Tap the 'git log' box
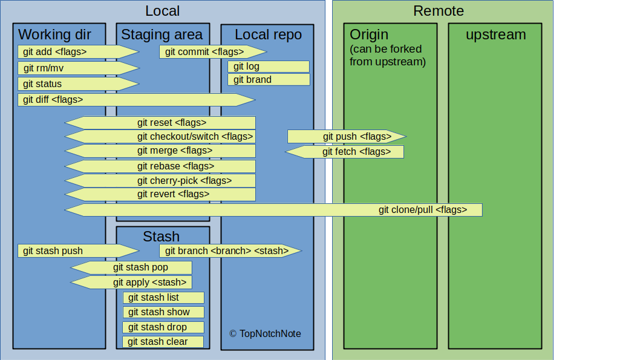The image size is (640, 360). pos(268,67)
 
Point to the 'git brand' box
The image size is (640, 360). pos(268,80)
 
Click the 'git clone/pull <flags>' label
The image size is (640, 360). pos(423,210)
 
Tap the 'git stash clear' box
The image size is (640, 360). pos(163,342)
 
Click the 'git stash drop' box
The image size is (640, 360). pos(163,327)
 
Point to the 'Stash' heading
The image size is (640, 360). pos(161,236)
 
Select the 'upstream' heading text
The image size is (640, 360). pos(495,34)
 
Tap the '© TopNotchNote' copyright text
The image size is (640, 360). pos(265,334)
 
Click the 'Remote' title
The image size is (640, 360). pos(439,11)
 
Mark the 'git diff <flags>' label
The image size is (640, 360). pos(53,100)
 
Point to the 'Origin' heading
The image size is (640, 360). pos(369,34)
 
